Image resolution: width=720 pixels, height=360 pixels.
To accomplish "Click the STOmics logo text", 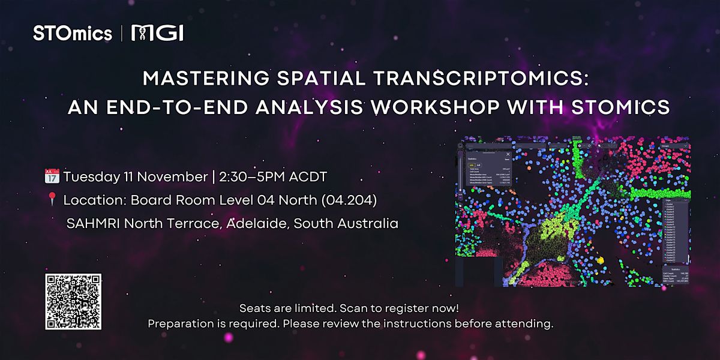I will coord(73,33).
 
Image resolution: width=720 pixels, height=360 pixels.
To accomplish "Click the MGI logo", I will coord(157,34).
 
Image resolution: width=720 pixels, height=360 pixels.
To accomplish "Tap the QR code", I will coord(73,302).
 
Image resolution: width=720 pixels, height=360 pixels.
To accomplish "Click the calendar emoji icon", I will coord(52,177).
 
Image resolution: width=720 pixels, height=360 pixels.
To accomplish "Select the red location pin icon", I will coord(52,200).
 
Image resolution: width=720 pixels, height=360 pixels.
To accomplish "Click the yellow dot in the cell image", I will coord(601,260).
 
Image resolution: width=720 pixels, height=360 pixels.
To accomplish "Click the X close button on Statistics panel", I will coord(508,154).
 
